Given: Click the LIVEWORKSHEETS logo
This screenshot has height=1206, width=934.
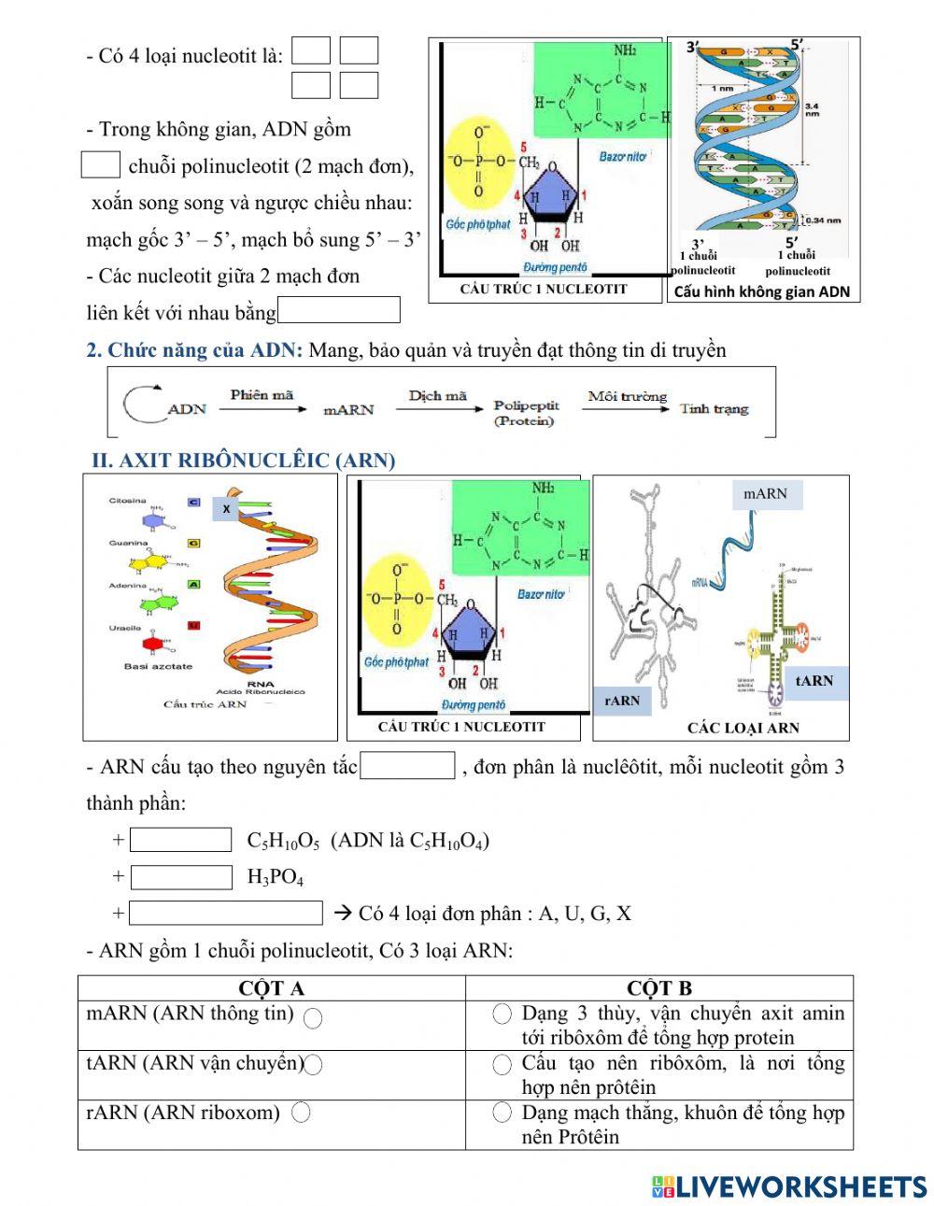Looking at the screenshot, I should [788, 1186].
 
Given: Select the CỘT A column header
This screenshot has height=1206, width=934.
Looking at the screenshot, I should [271, 988].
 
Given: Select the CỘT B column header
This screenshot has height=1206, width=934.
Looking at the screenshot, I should [659, 988].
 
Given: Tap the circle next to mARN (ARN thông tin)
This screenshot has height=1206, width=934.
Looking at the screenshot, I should [313, 1018].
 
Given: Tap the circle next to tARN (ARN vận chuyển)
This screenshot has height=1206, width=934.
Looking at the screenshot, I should [314, 1064].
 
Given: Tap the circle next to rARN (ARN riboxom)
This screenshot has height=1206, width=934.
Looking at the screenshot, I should [301, 1113].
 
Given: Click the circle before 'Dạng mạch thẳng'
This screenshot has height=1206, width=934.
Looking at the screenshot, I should [502, 1113].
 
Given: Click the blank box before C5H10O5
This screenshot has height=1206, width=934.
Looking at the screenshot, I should [180, 840].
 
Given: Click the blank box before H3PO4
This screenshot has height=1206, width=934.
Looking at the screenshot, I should [181, 877].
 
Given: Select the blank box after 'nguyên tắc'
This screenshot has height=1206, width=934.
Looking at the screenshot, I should [407, 766].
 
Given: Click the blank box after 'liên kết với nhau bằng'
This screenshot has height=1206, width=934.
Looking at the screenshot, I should [339, 310].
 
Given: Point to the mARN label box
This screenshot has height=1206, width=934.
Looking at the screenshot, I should [765, 494].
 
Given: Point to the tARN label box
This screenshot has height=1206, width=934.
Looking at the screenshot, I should [814, 681].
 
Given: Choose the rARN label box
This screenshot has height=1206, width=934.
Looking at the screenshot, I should [622, 701].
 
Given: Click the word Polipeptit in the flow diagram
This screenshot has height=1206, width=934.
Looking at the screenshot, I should [526, 405].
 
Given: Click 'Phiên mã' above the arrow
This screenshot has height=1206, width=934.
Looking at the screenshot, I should [262, 394].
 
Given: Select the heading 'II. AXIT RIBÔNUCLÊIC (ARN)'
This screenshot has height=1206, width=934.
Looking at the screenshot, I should [243, 461].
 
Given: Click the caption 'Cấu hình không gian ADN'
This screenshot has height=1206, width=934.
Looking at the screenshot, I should [761, 291].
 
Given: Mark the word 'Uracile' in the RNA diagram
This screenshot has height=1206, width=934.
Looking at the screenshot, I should [125, 628].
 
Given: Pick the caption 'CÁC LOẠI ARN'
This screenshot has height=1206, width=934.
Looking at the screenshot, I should [743, 728].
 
